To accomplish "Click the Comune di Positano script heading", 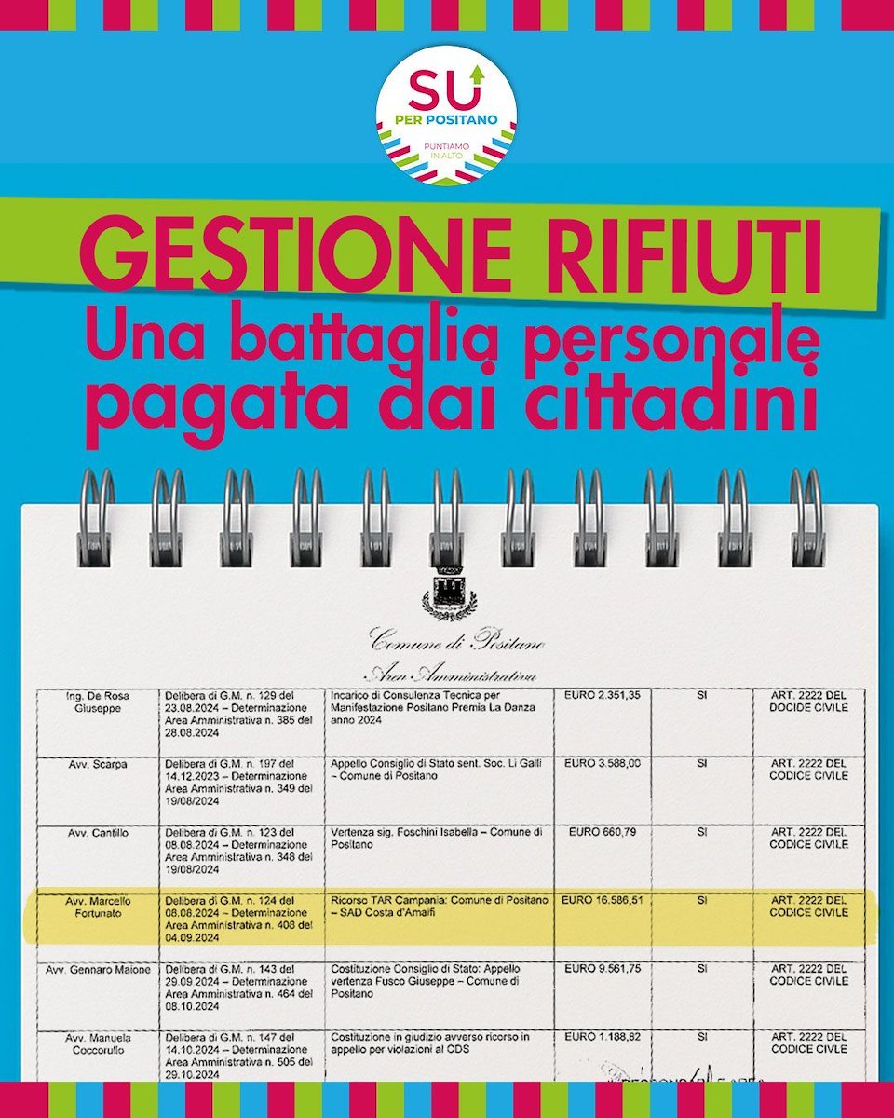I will pyautogui.click(x=457, y=642).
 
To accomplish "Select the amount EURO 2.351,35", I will pyautogui.click(x=602, y=695).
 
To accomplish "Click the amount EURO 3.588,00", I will pyautogui.click(x=602, y=764).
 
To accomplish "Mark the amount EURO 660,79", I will pyautogui.click(x=602, y=832).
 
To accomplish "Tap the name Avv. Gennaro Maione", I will pyautogui.click(x=97, y=971).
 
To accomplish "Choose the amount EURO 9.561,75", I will pyautogui.click(x=602, y=971).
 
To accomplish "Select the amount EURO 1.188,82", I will pyautogui.click(x=602, y=1037).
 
